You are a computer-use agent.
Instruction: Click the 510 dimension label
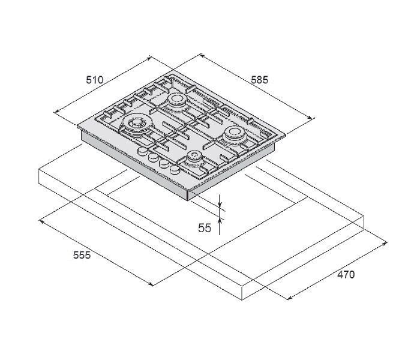pyautogui.click(x=94, y=80)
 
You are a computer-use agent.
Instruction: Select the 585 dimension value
pyautogui.click(x=259, y=80)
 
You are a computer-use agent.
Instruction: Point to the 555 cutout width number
pyautogui.click(x=82, y=255)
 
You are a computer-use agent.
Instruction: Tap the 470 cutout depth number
pyautogui.click(x=346, y=275)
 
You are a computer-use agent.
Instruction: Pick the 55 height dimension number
pyautogui.click(x=205, y=228)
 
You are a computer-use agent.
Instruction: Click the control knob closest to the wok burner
pyautogui.click(x=142, y=151)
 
